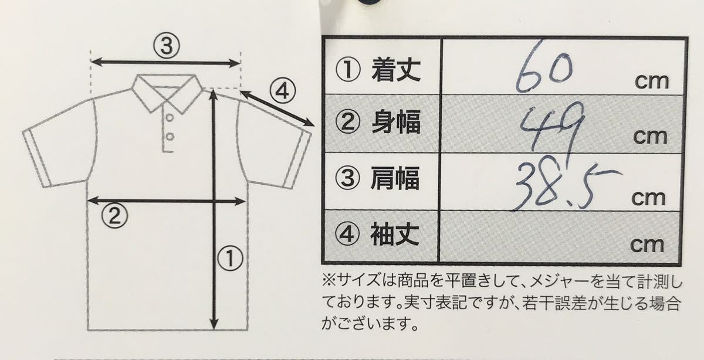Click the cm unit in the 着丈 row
652,81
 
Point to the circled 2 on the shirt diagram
115,217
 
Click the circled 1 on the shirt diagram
231,257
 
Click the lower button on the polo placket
169,137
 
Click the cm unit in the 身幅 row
651,137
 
